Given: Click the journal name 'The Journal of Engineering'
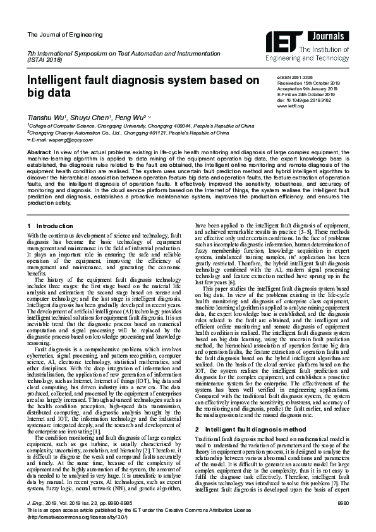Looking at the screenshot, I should [56, 33].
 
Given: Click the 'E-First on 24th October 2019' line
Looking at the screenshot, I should [306, 94].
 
